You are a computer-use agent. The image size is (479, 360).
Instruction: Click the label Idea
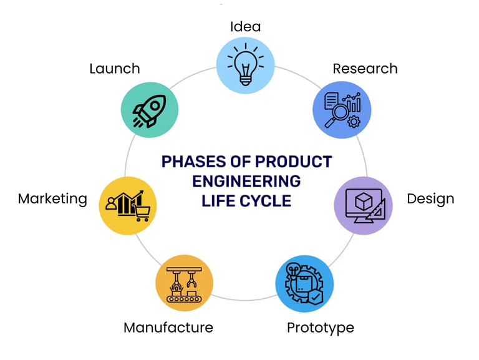pos(245,26)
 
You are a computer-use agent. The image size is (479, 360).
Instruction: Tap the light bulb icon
pos(245,64)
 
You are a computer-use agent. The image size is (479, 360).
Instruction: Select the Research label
pos(365,68)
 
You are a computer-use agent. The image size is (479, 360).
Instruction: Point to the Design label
pos(430,199)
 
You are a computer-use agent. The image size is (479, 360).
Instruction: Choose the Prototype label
pos(320,327)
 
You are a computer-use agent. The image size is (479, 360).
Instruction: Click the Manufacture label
pos(168,327)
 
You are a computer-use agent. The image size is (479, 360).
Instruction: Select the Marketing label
pos(52,198)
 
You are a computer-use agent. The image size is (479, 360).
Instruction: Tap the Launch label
pos(114,68)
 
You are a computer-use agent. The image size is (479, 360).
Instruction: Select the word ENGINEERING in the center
pos(246,182)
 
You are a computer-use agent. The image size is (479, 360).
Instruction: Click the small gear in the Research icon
pos(354,121)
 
